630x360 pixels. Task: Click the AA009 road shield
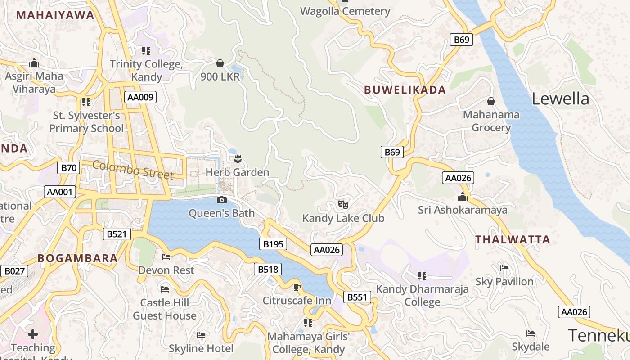click(140, 97)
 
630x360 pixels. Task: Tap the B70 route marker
click(69, 168)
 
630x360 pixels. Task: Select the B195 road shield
click(273, 244)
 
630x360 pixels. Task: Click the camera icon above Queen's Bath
click(221, 200)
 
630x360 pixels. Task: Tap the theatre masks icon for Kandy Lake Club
click(343, 205)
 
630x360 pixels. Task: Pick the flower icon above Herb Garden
click(238, 158)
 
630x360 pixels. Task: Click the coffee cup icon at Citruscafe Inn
click(297, 287)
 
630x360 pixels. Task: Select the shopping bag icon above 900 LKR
click(220, 63)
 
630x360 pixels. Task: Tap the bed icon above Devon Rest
click(166, 257)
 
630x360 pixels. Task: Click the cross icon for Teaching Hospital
click(32, 334)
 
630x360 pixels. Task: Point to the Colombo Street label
click(133, 170)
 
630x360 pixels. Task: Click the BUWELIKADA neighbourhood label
click(405, 90)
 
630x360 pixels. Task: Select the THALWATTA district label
click(513, 240)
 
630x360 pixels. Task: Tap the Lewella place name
click(560, 99)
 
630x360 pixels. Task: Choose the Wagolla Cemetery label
click(345, 11)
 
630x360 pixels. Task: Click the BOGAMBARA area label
click(77, 258)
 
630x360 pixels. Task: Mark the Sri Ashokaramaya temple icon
click(462, 197)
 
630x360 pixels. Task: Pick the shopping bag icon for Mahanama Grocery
click(491, 101)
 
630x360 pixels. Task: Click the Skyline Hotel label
click(201, 348)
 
